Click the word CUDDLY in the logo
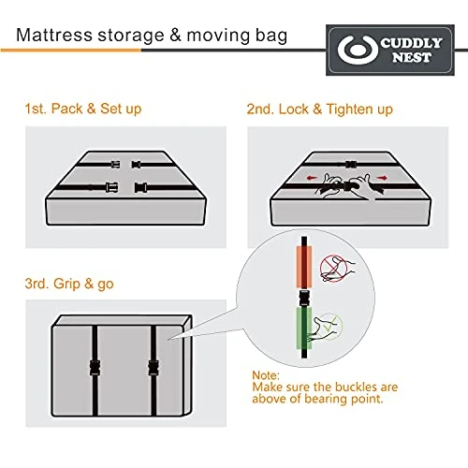click(x=411, y=43)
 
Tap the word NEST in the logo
click(x=412, y=57)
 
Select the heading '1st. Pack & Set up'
click(x=83, y=109)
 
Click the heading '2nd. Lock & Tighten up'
click(x=319, y=110)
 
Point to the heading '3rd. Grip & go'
click(x=69, y=284)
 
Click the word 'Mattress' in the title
click(x=54, y=35)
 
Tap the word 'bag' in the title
click(x=271, y=36)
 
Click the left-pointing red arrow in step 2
click(x=312, y=178)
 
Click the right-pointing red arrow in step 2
click(x=383, y=178)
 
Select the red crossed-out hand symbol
click(x=334, y=269)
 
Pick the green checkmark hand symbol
click(x=329, y=327)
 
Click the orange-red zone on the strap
click(x=304, y=267)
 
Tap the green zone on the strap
click(x=304, y=329)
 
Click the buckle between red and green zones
click(x=304, y=298)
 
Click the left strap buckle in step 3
click(x=95, y=368)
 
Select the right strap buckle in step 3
click(x=154, y=368)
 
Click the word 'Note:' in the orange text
click(x=266, y=375)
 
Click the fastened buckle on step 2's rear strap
click(x=351, y=164)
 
